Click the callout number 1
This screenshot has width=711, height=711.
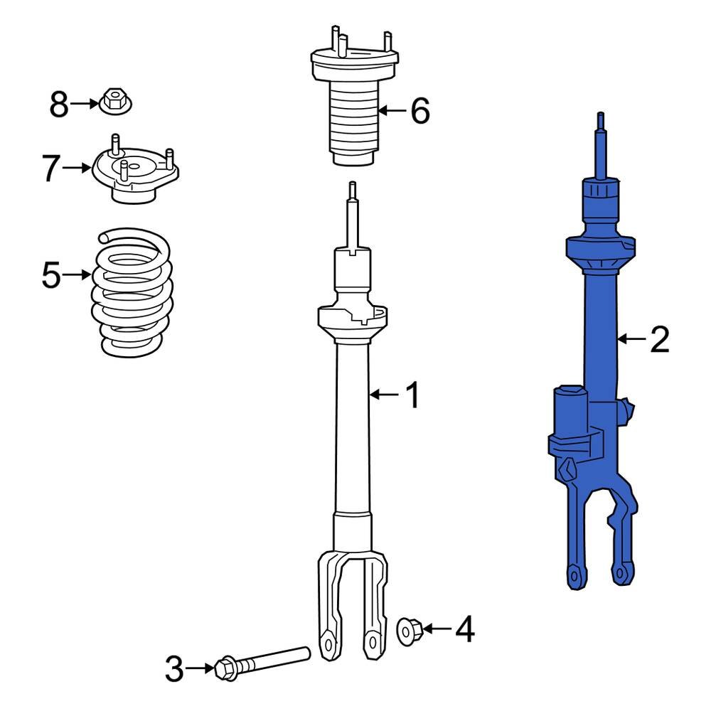tap(412, 395)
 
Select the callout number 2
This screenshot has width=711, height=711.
tap(659, 341)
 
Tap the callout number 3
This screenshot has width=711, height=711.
tap(174, 669)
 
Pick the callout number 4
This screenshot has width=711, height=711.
tap(464, 629)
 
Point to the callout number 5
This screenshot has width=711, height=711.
tap(51, 275)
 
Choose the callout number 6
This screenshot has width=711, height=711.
tap(419, 111)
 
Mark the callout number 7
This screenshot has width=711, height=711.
tap(50, 169)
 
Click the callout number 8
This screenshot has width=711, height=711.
tap(58, 105)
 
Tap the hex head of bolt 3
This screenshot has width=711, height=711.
tap(225, 668)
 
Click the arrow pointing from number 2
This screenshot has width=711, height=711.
tap(629, 340)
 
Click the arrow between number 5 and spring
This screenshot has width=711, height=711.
tap(78, 275)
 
